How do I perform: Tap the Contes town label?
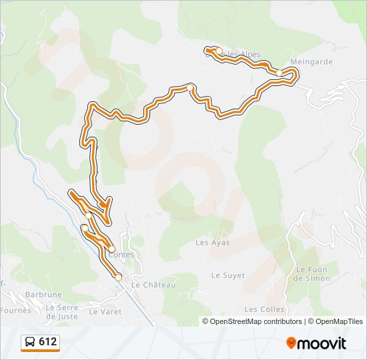[120, 255]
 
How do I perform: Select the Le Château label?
[153, 285]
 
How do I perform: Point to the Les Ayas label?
[212, 243]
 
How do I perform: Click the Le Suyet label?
[228, 275]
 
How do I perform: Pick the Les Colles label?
[264, 309]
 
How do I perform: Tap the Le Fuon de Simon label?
[312, 274]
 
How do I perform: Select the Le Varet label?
[103, 311]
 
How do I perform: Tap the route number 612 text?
[48, 342]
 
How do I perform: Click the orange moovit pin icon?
[292, 343]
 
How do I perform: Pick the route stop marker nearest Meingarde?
[279, 72]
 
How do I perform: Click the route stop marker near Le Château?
[118, 277]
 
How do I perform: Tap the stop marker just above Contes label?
[112, 249]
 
